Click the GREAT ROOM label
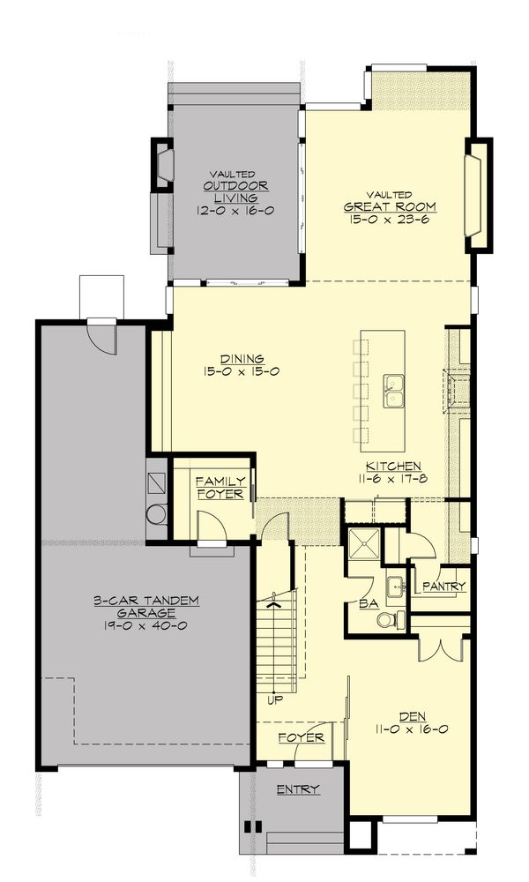[x=390, y=207]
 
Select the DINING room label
[x=242, y=358]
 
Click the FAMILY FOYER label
[x=220, y=488]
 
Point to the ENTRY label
[x=297, y=789]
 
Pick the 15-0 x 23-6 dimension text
[x=391, y=220]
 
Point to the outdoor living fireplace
[x=163, y=164]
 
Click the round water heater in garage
[x=156, y=513]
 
